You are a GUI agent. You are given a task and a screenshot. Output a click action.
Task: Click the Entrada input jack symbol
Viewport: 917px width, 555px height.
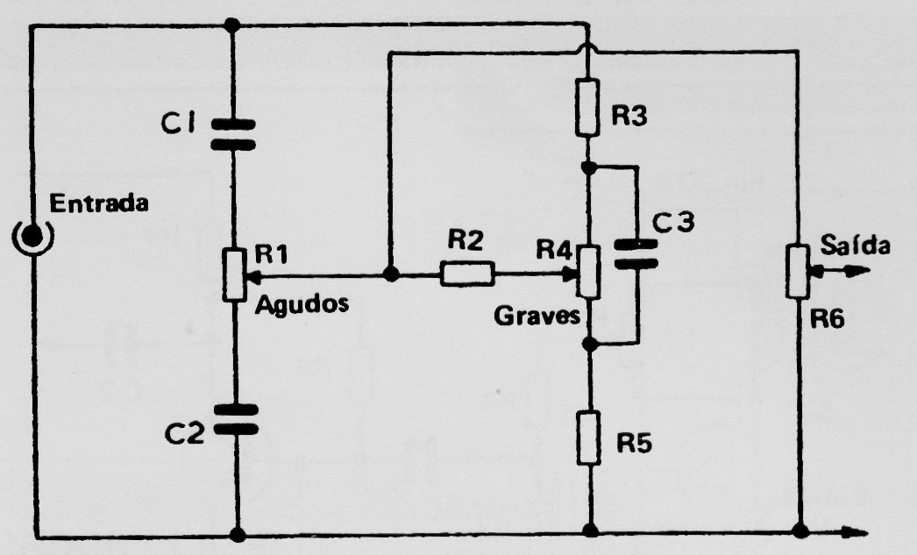tap(32, 236)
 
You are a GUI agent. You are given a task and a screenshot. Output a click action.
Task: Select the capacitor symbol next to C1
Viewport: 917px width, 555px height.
tap(233, 134)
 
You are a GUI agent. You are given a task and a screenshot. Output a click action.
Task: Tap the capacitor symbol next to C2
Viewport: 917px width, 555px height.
tap(236, 419)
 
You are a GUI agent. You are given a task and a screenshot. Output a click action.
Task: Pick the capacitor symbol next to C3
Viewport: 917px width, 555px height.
tap(636, 254)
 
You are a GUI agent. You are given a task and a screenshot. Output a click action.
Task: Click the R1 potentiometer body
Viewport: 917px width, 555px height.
tap(234, 274)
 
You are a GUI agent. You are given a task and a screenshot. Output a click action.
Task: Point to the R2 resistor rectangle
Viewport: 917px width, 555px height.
tap(466, 274)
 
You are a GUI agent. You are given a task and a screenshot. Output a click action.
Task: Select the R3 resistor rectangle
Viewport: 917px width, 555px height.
tap(587, 109)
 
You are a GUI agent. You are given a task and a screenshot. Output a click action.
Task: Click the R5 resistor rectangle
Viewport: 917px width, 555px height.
tap(589, 438)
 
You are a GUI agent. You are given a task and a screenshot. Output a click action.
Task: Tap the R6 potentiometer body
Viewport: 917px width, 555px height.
tap(798, 272)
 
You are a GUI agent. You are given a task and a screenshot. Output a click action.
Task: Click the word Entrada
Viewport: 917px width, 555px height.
tap(99, 203)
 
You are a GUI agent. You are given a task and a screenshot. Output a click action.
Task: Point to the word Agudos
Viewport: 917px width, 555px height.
tap(302, 303)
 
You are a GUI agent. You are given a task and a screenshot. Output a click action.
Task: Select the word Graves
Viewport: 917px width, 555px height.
tap(537, 316)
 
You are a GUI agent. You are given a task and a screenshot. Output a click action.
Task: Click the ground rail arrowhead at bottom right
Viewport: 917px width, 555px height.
tap(855, 531)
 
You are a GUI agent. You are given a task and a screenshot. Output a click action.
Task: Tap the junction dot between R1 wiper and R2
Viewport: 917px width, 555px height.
tap(390, 274)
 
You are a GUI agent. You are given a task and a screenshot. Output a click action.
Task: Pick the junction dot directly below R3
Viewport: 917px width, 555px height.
tap(589, 167)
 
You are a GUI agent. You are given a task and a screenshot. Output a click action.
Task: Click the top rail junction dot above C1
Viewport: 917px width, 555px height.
tap(232, 25)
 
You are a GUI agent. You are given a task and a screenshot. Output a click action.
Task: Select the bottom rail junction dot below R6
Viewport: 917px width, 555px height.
tap(800, 531)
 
